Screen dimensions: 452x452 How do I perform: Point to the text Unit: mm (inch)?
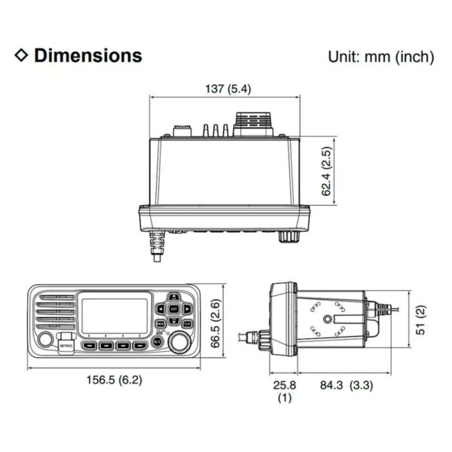pos(380,56)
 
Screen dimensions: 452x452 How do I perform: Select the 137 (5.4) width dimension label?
pos(228,89)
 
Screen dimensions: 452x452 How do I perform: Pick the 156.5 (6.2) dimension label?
pos(113,380)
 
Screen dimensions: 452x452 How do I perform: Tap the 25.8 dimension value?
pos(283,385)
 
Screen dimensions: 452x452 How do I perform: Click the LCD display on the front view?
pos(115,316)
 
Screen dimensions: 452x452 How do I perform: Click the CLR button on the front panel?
pos(186,323)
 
